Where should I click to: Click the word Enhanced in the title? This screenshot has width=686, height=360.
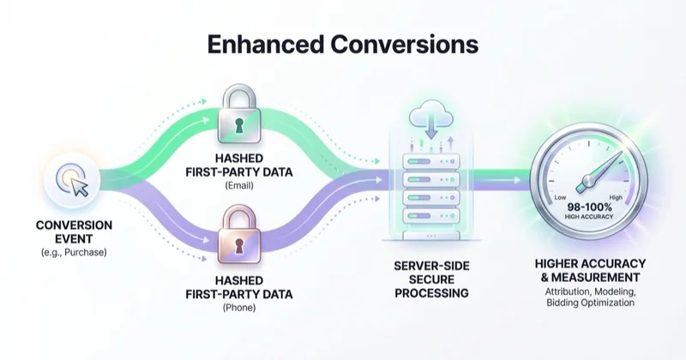[266, 45]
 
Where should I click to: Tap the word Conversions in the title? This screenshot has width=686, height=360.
[405, 45]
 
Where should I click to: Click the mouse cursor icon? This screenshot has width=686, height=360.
[79, 186]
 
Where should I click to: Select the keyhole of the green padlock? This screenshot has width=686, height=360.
[239, 125]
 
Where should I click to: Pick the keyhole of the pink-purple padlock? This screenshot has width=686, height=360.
[239, 246]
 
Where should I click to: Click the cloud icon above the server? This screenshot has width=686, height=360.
[431, 115]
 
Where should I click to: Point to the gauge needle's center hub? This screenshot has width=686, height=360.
[587, 181]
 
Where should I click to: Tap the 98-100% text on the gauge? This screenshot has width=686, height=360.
[589, 207]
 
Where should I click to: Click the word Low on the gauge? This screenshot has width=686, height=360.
[560, 197]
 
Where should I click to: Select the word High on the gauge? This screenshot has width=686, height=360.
[616, 197]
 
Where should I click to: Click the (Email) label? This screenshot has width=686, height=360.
[239, 185]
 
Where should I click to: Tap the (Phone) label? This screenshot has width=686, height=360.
[239, 308]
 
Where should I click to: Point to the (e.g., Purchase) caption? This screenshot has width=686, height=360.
[74, 252]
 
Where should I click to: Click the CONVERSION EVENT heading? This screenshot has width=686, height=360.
[74, 231]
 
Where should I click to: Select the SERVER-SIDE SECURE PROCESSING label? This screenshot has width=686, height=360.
[431, 279]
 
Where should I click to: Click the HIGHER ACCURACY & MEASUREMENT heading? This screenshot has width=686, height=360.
[590, 271]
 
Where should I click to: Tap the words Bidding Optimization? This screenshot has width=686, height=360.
[590, 303]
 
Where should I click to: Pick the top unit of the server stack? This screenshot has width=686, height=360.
[431, 161]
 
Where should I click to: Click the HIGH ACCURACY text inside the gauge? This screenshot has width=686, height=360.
[589, 217]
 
